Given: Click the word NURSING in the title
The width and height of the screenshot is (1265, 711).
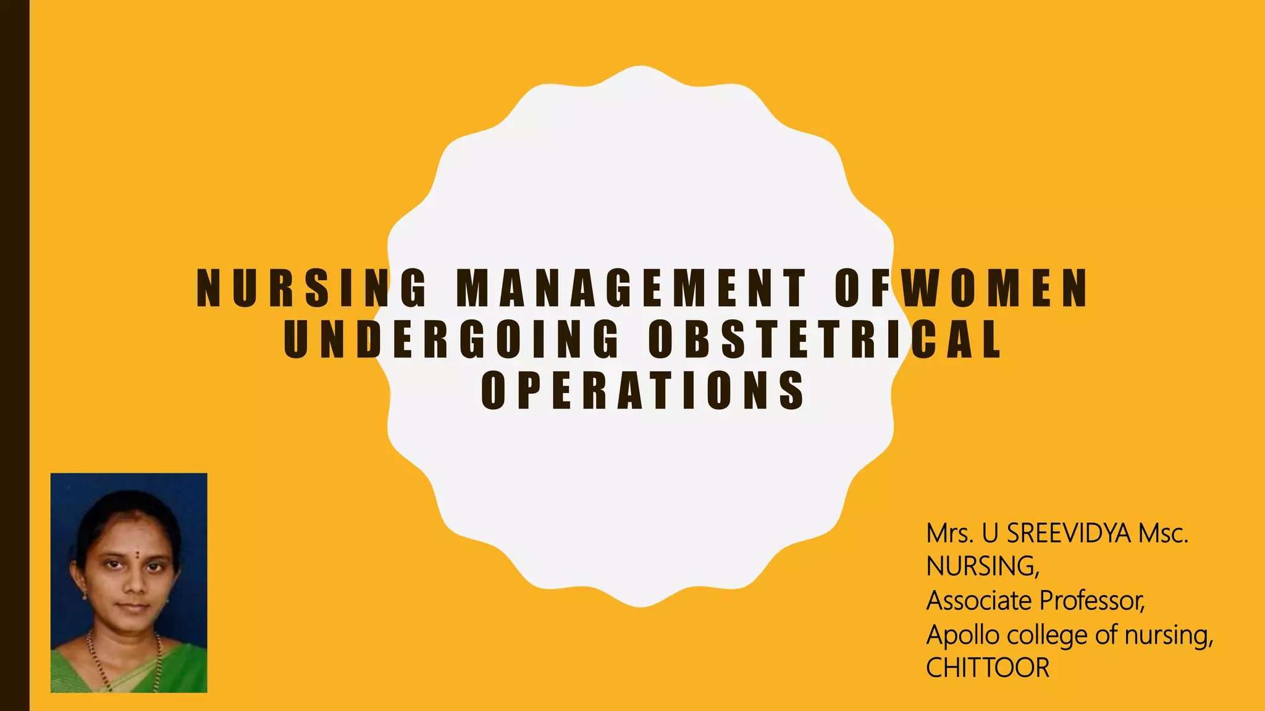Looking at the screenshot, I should (x=312, y=288).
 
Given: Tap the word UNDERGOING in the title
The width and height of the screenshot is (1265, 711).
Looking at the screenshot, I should (x=452, y=339).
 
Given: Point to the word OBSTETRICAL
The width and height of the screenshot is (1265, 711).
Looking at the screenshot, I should (x=825, y=339).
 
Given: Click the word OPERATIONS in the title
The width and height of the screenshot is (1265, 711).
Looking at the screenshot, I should (x=643, y=390).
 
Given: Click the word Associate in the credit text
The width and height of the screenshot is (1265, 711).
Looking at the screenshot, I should (x=980, y=601).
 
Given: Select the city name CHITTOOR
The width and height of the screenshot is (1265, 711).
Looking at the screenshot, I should (x=988, y=668).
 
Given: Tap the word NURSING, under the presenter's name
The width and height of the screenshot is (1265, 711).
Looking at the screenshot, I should (x=983, y=567).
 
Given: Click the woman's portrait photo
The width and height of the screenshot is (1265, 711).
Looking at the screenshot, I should (x=128, y=583).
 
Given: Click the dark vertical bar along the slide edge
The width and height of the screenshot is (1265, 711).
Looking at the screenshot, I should (x=14, y=355).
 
